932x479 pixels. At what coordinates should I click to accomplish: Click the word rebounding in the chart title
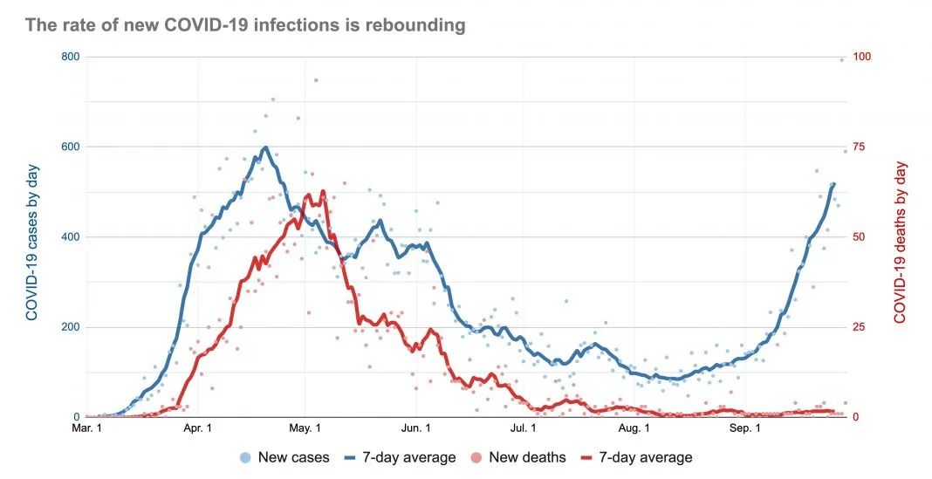415,25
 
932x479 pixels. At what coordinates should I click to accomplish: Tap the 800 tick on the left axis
70,57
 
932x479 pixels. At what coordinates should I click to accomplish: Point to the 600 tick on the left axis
70,147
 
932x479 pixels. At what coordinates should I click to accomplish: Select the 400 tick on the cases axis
70,237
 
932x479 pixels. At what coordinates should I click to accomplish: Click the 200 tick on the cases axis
70,327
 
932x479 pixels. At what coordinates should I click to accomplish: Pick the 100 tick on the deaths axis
862,57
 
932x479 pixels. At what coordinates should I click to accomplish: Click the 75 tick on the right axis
860,147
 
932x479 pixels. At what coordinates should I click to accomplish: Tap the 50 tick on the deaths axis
860,237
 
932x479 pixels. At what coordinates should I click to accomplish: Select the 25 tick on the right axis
860,327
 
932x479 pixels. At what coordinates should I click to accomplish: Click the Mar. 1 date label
86,428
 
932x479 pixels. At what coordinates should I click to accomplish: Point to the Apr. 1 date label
198,428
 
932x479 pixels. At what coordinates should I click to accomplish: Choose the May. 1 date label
305,428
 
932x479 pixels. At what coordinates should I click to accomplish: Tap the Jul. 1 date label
524,428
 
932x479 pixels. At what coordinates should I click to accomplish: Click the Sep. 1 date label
745,428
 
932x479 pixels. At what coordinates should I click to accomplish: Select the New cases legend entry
285,457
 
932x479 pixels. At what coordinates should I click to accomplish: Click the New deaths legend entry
517,457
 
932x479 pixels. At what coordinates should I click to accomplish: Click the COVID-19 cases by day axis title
32,243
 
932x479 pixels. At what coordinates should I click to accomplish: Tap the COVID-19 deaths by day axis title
901,243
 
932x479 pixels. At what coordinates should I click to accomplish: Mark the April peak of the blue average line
265,147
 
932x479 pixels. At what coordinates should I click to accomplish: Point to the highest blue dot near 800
841,60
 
